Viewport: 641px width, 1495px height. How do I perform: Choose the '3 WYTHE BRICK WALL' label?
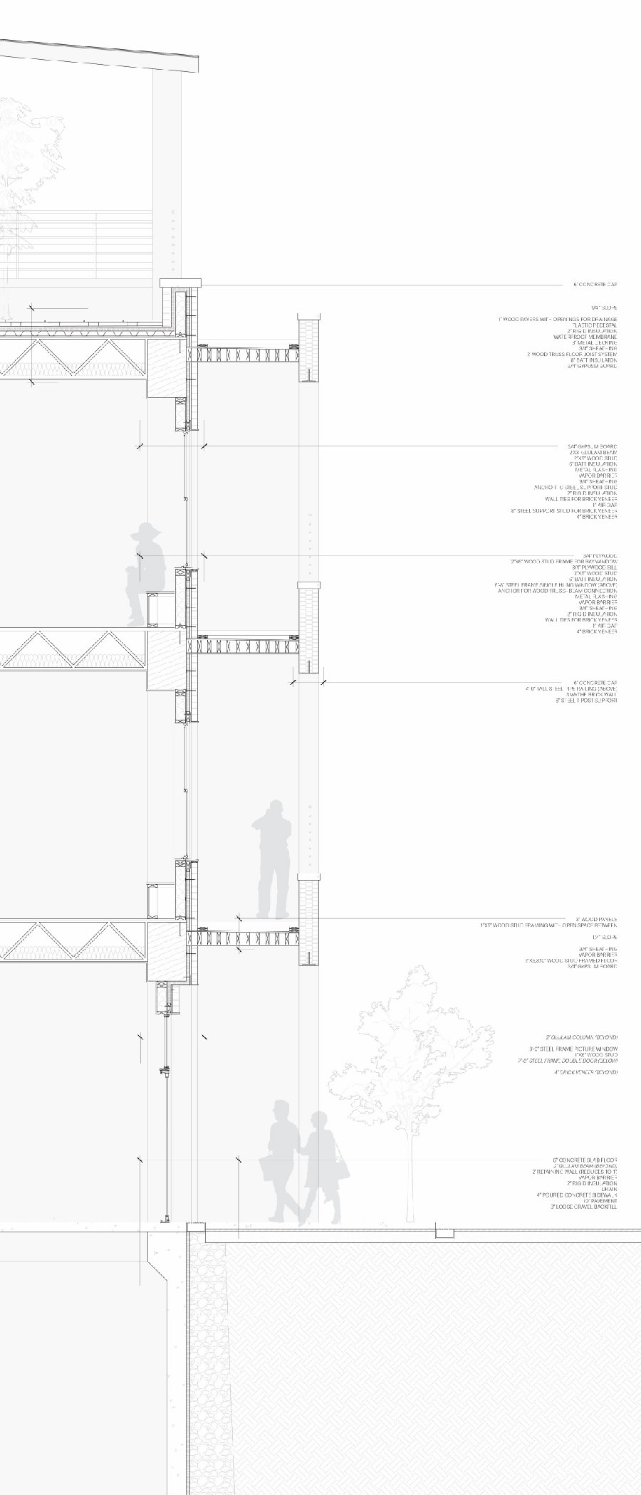[591, 695]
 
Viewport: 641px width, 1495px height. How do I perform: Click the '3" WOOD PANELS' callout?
[596, 919]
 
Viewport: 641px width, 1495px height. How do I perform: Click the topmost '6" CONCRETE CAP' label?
[595, 284]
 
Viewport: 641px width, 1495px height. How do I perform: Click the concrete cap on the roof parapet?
[181, 283]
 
